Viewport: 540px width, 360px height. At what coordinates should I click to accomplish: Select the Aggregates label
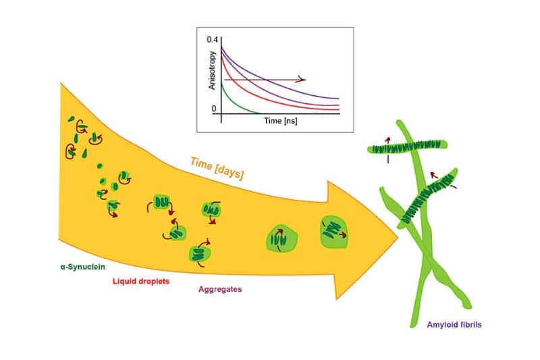click(220, 289)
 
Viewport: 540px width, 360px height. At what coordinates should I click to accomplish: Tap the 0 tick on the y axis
click(213, 108)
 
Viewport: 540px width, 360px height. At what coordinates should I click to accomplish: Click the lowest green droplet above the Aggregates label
click(199, 254)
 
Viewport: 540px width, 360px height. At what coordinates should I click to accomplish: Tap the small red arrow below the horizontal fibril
click(389, 159)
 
